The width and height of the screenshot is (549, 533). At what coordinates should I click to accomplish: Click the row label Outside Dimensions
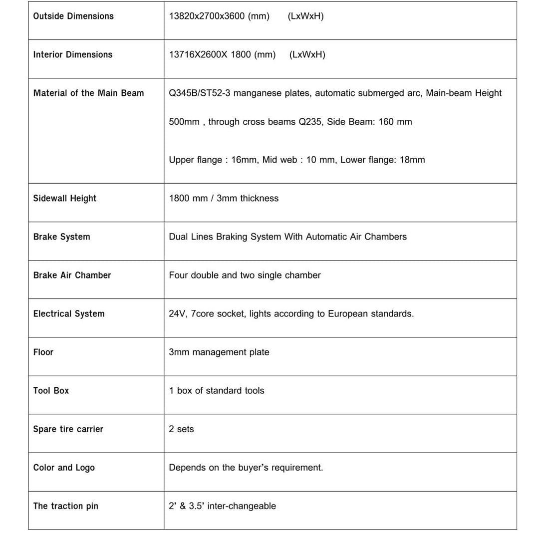click(x=73, y=16)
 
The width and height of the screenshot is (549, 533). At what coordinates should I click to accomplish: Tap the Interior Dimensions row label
click(x=73, y=54)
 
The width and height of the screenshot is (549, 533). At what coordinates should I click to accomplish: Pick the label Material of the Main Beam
click(x=88, y=93)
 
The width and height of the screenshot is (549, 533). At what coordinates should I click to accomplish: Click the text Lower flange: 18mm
click(x=382, y=160)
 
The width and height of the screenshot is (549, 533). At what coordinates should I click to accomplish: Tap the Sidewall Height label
click(x=65, y=198)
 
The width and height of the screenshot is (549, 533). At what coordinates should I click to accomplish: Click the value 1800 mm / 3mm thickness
click(x=224, y=198)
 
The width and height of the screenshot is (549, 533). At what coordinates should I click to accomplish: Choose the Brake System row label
click(x=62, y=237)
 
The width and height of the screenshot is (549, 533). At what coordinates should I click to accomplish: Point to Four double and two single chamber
click(x=245, y=275)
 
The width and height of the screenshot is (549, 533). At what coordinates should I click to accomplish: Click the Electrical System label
click(x=69, y=313)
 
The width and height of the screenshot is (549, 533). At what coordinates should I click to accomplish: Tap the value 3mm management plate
click(x=219, y=352)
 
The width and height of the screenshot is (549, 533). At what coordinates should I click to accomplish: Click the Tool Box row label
click(x=51, y=390)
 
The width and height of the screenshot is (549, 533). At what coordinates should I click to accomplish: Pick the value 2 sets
click(x=181, y=429)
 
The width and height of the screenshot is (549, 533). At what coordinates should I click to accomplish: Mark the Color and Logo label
click(x=64, y=468)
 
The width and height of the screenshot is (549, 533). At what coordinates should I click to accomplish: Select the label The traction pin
click(x=66, y=506)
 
